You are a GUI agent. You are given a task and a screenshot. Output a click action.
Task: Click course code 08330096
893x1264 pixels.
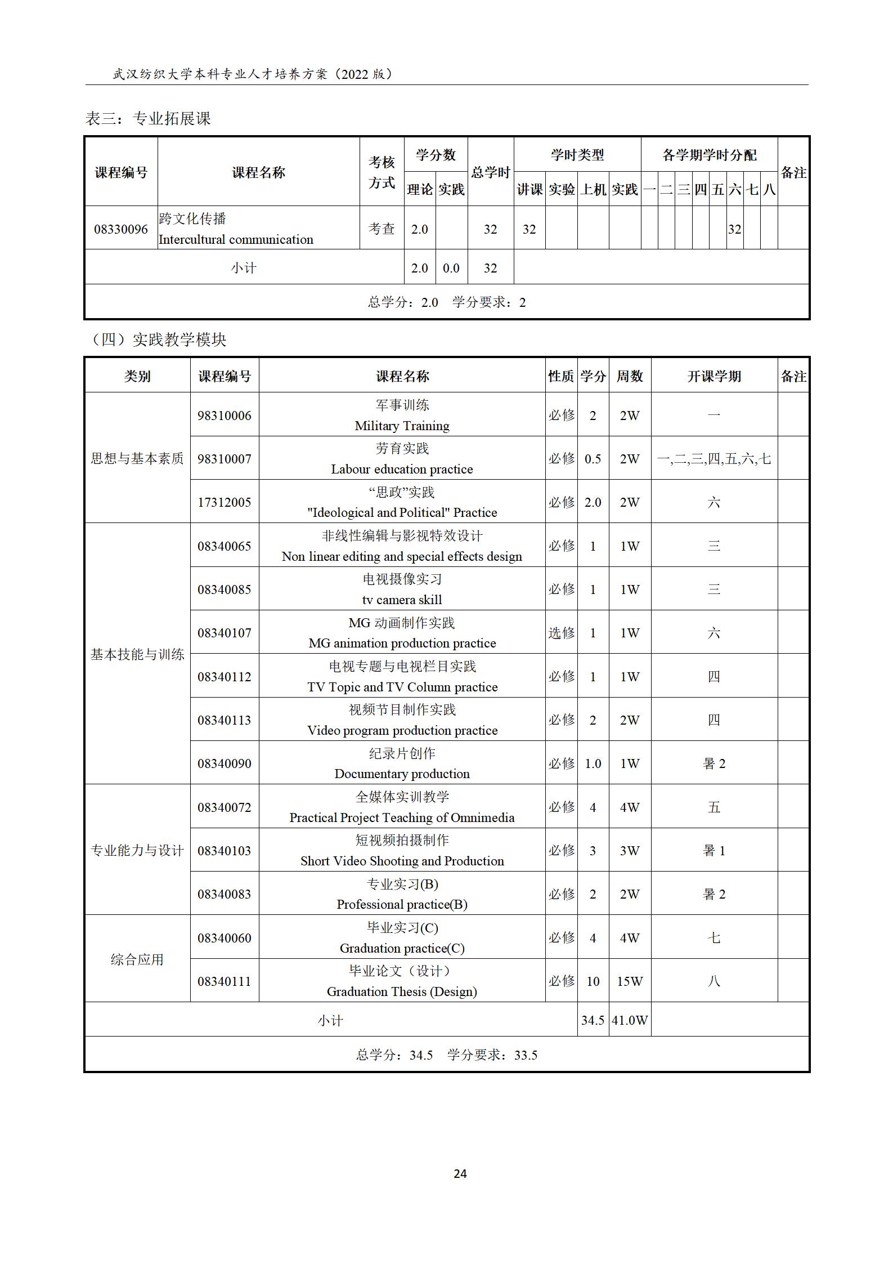pos(121,229)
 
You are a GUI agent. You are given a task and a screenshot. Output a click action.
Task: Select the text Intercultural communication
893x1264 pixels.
pos(236,240)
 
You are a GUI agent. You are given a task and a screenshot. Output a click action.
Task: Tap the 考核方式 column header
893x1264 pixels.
pos(382,172)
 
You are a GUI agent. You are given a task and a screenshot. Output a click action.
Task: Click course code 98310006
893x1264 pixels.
pos(224,416)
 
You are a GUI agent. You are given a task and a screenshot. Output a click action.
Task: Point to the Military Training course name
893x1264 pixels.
pos(402,426)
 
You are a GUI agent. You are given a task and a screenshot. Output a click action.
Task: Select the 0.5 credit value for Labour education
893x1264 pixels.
pos(593,459)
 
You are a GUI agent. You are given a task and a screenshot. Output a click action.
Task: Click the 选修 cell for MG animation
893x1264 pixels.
pos(561,633)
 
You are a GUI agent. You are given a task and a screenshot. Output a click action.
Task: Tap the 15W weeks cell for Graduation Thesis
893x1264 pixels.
pos(629,981)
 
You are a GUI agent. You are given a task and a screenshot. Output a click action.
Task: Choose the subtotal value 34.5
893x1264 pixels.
pos(593,1020)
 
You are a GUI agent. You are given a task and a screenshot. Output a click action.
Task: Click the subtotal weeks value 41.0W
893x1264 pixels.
pos(630,1020)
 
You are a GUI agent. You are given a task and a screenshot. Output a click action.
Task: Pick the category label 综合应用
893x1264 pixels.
pos(137,959)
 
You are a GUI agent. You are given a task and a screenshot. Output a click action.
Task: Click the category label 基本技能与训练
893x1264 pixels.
pos(137,654)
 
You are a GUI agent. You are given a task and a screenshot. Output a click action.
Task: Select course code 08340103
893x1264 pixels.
pos(224,851)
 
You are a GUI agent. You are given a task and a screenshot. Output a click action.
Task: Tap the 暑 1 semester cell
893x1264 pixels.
pos(713,851)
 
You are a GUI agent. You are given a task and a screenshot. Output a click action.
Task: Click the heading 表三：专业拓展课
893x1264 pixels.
pos(148,118)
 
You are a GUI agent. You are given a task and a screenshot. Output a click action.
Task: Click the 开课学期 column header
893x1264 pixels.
pos(713,376)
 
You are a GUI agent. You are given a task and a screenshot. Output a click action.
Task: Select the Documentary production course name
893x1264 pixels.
pos(402,774)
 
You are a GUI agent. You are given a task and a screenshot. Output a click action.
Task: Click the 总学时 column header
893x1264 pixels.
pos(490,172)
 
